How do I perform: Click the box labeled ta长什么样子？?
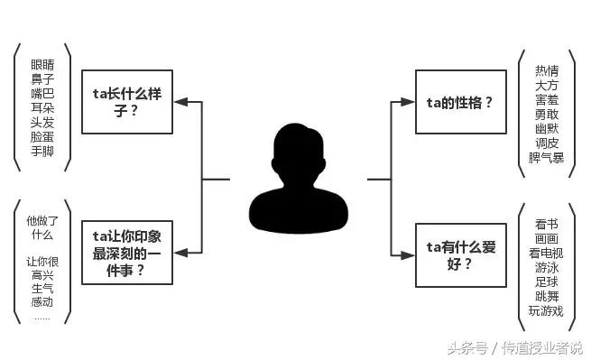[127, 101]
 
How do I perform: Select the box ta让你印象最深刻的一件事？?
[127, 252]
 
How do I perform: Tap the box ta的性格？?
[460, 102]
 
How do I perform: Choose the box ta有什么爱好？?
[460, 254]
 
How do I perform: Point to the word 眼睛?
[43, 65]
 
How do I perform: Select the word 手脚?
[43, 152]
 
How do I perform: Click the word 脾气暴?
[547, 158]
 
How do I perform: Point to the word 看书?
[546, 223]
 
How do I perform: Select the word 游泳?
[546, 267]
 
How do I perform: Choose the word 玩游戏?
[546, 311]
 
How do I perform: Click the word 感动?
[42, 303]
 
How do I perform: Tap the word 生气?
[42, 289]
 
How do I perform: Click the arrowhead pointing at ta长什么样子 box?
[180, 102]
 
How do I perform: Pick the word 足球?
[546, 282]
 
